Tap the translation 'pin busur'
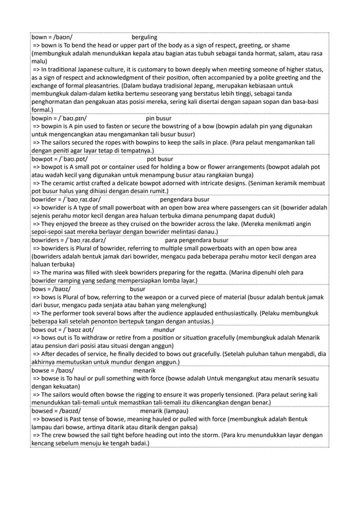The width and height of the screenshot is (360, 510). (x=159, y=119)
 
